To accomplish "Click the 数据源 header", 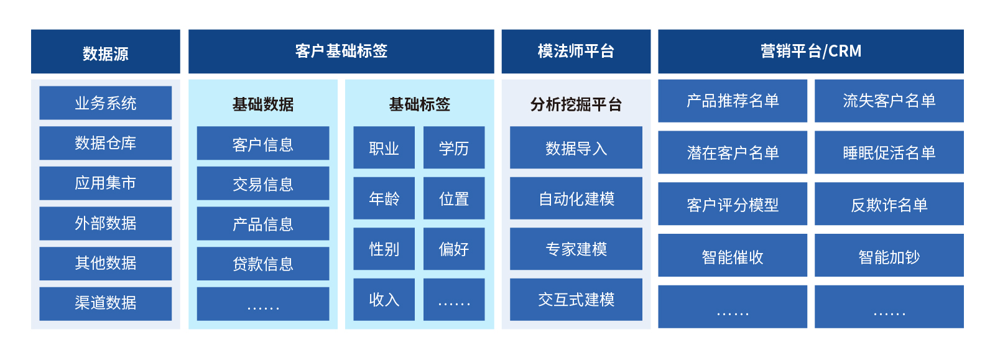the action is [106, 52].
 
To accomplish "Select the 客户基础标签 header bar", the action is [341, 52].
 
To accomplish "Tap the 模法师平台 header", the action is [576, 52].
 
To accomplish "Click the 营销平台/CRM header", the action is [811, 52].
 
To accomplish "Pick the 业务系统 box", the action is [106, 103].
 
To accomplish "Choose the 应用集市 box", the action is [106, 183].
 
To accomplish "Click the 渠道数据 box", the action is [106, 303].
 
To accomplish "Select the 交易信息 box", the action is [263, 183].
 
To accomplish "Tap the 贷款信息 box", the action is [263, 264].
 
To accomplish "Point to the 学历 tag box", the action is [454, 147].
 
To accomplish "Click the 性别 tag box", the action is [384, 249].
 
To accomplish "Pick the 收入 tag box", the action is [384, 300].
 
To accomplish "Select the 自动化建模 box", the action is [576, 198].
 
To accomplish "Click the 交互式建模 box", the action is [576, 300].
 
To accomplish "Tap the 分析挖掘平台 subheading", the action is [576, 104].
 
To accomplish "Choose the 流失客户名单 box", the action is [889, 101].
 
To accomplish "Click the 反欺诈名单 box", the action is [889, 204].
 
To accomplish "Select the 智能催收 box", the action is [733, 256].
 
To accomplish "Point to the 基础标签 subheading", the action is [420, 104].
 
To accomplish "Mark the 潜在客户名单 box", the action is [733, 152].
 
